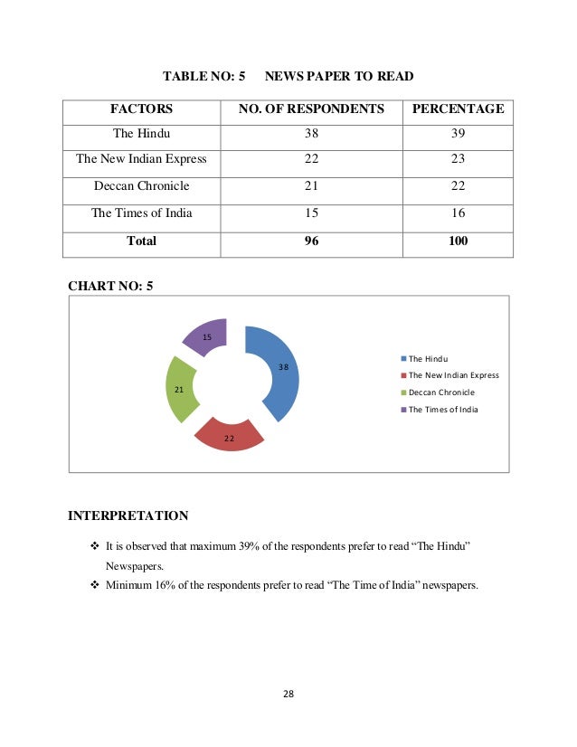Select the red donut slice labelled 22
230,434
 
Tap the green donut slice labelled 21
182,388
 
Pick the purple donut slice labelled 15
207,336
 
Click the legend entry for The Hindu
428,359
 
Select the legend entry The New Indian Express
453,375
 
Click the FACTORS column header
141,109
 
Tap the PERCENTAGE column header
458,109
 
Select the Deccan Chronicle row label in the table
141,186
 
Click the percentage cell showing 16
458,213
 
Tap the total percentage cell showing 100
458,241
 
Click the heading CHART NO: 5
110,287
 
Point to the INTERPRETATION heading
128,516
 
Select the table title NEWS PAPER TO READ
339,78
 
